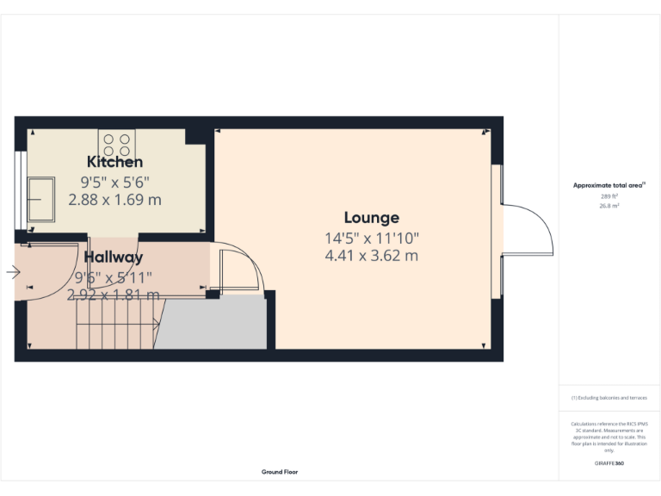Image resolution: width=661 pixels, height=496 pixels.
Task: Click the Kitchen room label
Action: coord(114,162)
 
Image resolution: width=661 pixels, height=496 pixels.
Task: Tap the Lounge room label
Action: coord(372,218)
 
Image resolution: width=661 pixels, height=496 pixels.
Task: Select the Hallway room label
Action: coord(113,257)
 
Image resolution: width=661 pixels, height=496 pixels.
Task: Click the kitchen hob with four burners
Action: coord(116,140)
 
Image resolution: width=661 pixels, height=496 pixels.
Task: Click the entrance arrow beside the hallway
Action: coord(13,273)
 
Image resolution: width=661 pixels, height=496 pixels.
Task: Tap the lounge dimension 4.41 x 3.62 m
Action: coord(372,256)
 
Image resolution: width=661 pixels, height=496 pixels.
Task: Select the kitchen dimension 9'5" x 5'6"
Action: coord(115,182)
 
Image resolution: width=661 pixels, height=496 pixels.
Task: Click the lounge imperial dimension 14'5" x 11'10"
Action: coord(372,238)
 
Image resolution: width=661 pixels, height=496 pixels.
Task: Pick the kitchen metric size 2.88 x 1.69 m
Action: coord(115,199)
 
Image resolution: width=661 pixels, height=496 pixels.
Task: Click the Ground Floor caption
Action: coord(280,472)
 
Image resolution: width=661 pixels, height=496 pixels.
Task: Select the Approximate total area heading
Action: coord(609,185)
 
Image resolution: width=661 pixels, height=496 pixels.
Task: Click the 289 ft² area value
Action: coord(609,196)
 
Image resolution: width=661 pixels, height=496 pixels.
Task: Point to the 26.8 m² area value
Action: coord(609,206)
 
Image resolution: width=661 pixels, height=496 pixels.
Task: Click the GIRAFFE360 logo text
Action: coord(609,463)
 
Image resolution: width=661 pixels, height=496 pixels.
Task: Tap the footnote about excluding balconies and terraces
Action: coord(609,398)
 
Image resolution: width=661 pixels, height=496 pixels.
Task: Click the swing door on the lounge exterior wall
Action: coord(527,229)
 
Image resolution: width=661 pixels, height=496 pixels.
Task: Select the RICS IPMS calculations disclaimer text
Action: coord(609,437)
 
